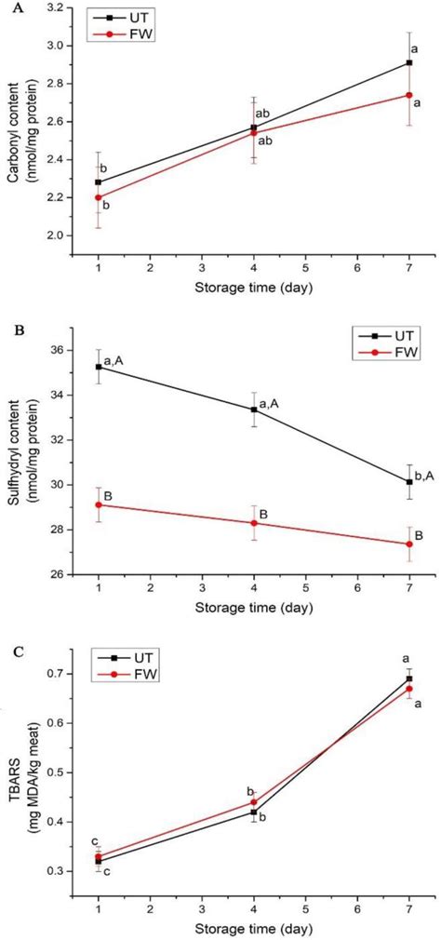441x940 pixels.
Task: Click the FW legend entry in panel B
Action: pyautogui.click(x=379, y=353)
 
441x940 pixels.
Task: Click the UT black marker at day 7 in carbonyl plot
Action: pyautogui.click(x=409, y=63)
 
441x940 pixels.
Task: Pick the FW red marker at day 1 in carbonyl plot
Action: pyautogui.click(x=99, y=197)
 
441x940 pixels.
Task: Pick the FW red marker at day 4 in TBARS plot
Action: pyautogui.click(x=254, y=802)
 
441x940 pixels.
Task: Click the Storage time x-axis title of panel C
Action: pyautogui.click(x=253, y=931)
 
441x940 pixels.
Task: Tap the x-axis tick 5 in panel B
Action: pyautogui.click(x=305, y=592)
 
